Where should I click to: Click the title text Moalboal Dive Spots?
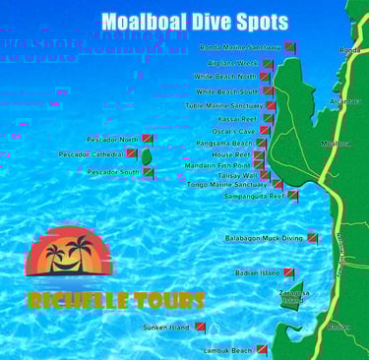coord(194,21)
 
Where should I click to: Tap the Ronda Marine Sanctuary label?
coord(239,46)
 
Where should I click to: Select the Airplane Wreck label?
coord(233,62)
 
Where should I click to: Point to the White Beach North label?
coord(224,76)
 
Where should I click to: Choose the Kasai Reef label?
coord(237,118)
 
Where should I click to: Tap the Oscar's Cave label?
coord(233,131)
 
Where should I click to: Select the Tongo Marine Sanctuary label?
coord(226,184)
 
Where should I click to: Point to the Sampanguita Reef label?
coord(254,196)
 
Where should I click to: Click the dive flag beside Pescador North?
coord(148,140)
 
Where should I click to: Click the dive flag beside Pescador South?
coord(149,172)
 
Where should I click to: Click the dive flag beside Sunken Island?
coord(200,326)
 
